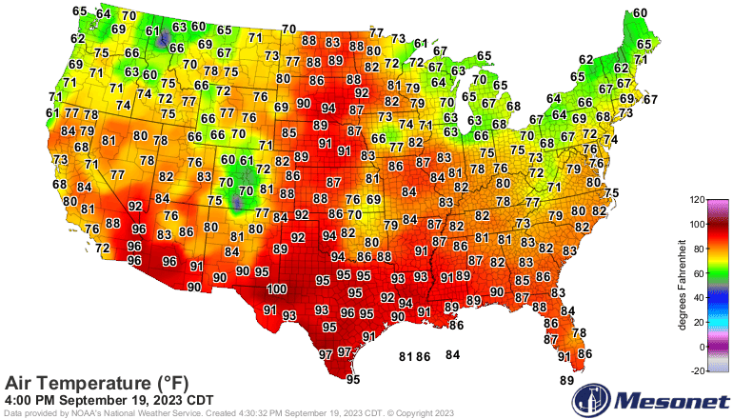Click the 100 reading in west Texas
277,289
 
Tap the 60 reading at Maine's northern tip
641,12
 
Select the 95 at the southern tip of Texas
353,379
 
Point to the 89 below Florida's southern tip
567,381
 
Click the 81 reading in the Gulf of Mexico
406,356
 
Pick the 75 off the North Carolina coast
612,193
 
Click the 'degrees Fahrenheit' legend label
683,286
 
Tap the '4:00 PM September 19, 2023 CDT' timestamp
109,399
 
